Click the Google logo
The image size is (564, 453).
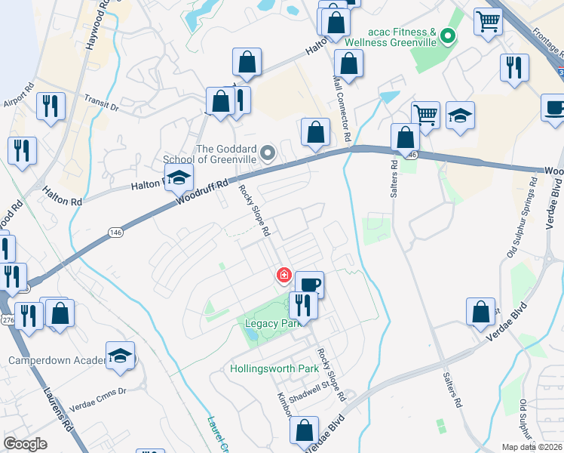[x=26, y=444]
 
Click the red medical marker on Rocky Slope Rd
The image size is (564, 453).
[x=284, y=276]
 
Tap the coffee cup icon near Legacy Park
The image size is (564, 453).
[x=309, y=285]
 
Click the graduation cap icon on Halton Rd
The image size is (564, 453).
[x=179, y=177]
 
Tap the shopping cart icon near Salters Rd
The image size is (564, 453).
[x=425, y=116]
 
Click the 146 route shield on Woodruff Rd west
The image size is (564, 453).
[x=115, y=232]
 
